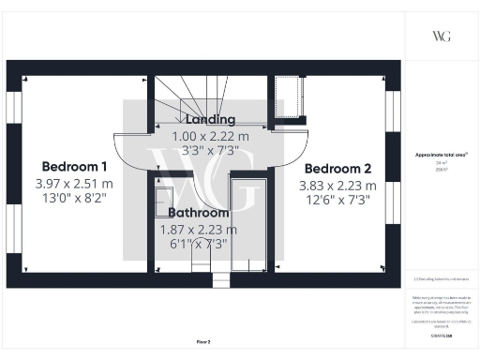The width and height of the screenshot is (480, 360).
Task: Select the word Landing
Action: pyautogui.click(x=211, y=120)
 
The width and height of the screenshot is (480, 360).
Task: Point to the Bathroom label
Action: pyautogui.click(x=193, y=213)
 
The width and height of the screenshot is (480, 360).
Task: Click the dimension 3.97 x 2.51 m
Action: pyautogui.click(x=74, y=183)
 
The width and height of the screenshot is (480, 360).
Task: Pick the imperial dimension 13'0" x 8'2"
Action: pyautogui.click(x=74, y=199)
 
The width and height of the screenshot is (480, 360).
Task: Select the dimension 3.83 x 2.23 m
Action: pyautogui.click(x=337, y=185)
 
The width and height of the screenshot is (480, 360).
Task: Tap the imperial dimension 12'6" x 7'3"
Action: pyautogui.click(x=337, y=200)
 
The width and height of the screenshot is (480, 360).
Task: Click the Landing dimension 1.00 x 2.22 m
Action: pyautogui.click(x=217, y=136)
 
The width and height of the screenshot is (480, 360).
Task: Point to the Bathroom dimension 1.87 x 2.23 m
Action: pyautogui.click(x=196, y=230)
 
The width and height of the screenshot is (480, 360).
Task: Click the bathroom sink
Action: pyautogui.click(x=161, y=196)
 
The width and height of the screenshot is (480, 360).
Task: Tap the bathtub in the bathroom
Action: pyautogui.click(x=249, y=225)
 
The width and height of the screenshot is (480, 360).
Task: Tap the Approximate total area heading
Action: pyautogui.click(x=442, y=155)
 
